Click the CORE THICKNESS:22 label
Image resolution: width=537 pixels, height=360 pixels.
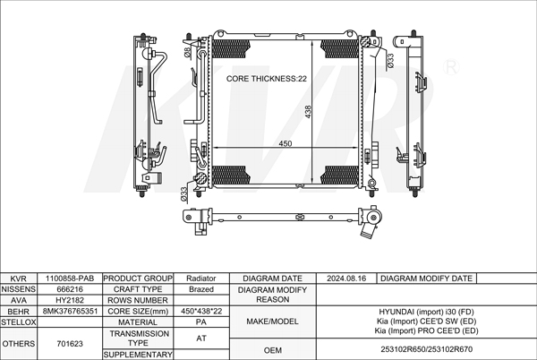[x=267, y=79]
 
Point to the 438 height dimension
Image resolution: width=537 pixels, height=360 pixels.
[x=308, y=112]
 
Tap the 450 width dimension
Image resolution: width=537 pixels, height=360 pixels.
[x=285, y=143]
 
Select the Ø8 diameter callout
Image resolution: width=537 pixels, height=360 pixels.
[x=187, y=53]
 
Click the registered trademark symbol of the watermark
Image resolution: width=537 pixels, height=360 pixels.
[x=451, y=67]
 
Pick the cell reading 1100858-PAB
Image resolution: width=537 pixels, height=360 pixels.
[x=70, y=279]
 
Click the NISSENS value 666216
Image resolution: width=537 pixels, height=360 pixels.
[x=70, y=289]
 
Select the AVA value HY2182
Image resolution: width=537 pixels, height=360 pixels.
[x=70, y=300]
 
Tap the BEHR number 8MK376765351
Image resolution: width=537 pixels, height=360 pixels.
[x=70, y=311]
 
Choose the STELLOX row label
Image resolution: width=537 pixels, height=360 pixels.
[x=19, y=322]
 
